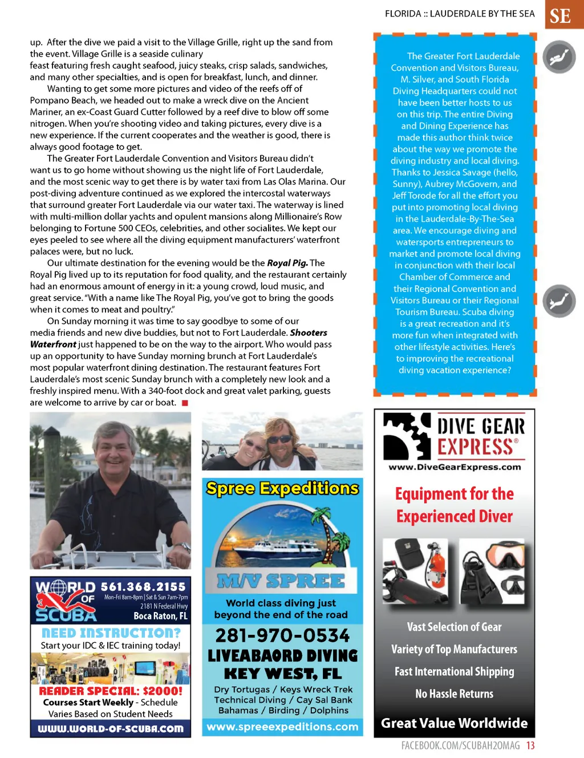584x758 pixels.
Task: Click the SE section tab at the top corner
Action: [563, 15]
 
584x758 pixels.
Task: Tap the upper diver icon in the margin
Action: [559, 57]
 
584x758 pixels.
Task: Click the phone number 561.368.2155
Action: [143, 586]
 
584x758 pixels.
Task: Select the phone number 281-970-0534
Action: [282, 635]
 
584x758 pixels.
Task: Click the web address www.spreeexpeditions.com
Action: [282, 727]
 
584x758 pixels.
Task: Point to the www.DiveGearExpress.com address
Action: [455, 467]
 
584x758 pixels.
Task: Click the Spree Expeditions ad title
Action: [282, 488]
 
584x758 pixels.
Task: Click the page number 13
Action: [530, 745]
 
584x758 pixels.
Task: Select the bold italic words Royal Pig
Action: [287, 263]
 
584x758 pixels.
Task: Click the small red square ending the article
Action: [184, 403]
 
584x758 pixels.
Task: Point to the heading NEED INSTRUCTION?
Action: [111, 633]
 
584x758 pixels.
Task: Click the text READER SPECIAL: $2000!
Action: [111, 691]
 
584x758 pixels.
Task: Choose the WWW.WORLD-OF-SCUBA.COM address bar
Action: [111, 728]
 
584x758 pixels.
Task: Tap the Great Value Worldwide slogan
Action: [455, 723]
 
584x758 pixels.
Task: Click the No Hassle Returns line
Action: [455, 694]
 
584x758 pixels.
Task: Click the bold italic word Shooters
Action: [309, 333]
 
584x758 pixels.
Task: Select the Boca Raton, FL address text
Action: [160, 616]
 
